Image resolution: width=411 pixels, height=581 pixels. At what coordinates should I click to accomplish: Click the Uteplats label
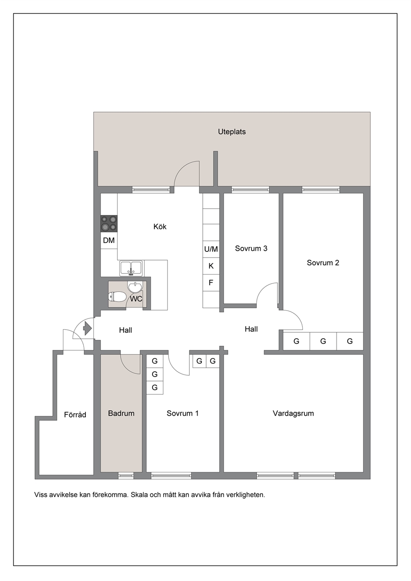pyautogui.click(x=232, y=132)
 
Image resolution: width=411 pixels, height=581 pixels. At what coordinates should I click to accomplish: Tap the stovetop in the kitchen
pyautogui.click(x=109, y=224)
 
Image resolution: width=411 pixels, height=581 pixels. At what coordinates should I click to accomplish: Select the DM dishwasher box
pyautogui.click(x=109, y=241)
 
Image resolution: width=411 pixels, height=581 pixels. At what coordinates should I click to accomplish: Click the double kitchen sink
pyautogui.click(x=131, y=268)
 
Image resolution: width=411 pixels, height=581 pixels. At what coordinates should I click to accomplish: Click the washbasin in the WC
pyautogui.click(x=134, y=287)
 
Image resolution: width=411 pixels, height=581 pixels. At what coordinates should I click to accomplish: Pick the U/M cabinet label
pyautogui.click(x=211, y=249)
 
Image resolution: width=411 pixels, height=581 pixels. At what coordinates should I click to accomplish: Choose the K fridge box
pyautogui.click(x=211, y=266)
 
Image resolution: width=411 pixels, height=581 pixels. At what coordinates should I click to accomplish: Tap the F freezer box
pyautogui.click(x=211, y=283)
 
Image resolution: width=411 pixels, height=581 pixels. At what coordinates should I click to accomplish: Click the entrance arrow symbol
pyautogui.click(x=87, y=329)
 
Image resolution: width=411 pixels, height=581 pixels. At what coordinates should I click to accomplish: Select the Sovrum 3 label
pyautogui.click(x=251, y=248)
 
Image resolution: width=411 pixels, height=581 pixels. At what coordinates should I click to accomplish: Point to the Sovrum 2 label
pyautogui.click(x=323, y=263)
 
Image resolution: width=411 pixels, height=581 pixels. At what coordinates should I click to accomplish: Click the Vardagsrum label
pyautogui.click(x=293, y=413)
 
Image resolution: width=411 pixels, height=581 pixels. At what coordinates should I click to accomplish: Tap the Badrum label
pyautogui.click(x=121, y=413)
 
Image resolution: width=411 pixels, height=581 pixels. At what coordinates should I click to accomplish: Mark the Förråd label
pyautogui.click(x=75, y=415)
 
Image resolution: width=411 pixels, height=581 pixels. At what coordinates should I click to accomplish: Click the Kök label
pyautogui.click(x=160, y=227)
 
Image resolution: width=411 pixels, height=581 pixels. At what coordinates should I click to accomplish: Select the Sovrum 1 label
pyautogui.click(x=182, y=413)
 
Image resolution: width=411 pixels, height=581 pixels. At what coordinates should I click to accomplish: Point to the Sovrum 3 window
pyautogui.click(x=251, y=190)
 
